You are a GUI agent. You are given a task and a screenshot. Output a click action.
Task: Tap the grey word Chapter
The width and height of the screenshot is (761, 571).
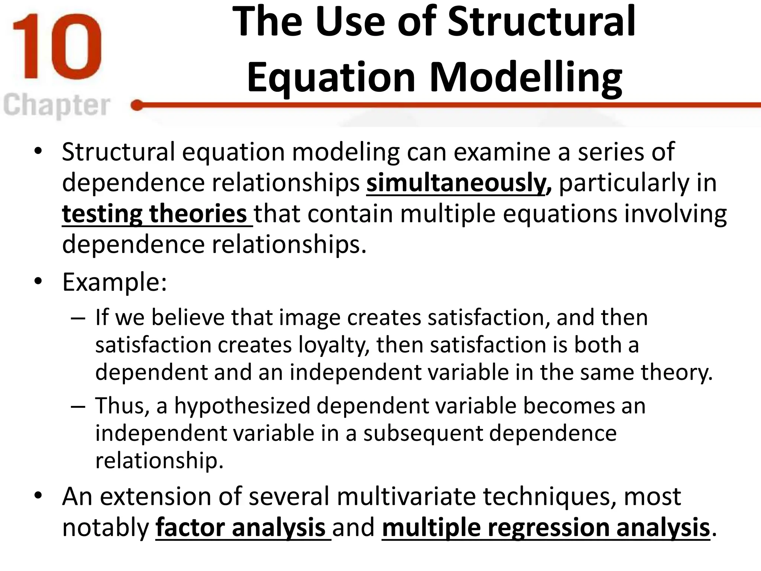click(x=57, y=106)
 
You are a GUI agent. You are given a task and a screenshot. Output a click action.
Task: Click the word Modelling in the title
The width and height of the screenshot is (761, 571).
click(x=526, y=77)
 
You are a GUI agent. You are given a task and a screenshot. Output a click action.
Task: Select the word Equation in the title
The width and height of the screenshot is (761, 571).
click(x=331, y=77)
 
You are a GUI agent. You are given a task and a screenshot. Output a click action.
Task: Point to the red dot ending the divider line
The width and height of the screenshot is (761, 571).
click(x=137, y=106)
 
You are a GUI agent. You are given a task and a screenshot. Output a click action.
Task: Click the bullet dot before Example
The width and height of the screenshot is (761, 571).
click(x=38, y=281)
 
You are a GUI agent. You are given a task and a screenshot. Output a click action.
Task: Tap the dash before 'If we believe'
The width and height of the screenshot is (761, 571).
click(x=77, y=318)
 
